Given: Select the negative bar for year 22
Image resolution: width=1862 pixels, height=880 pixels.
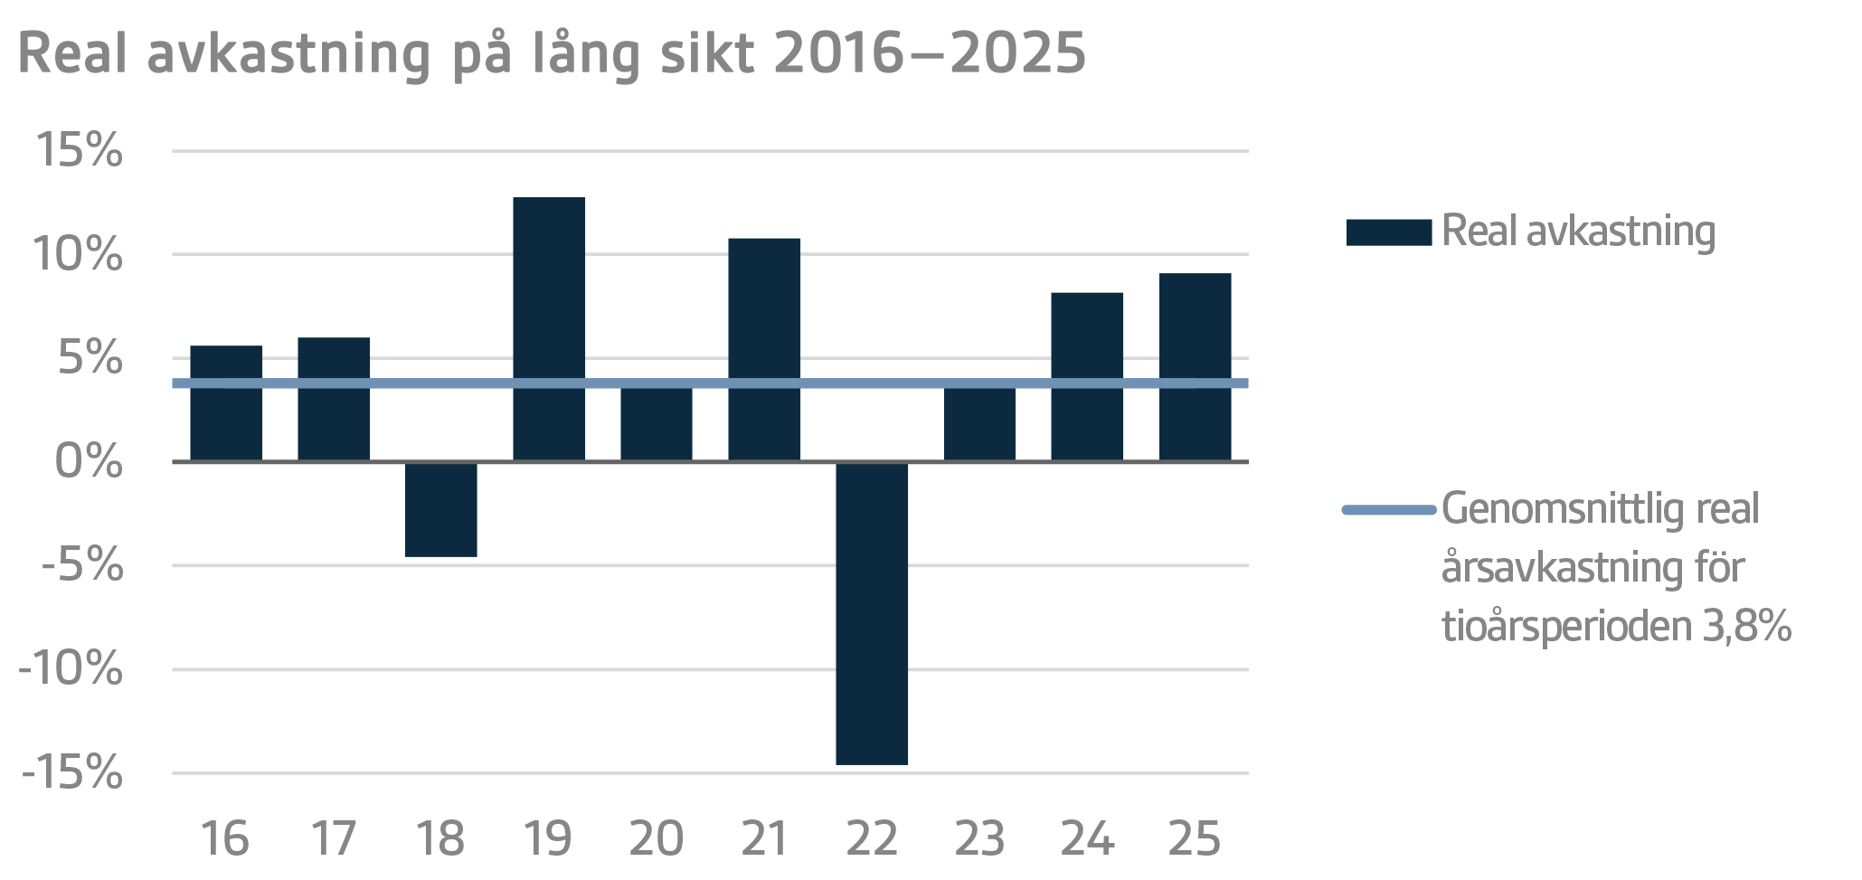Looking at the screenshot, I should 872,613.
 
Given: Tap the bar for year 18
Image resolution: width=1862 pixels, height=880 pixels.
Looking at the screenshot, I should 441,509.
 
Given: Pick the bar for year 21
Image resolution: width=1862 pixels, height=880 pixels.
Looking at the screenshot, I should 764,350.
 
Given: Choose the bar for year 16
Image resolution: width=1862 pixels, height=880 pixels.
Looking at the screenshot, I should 226,403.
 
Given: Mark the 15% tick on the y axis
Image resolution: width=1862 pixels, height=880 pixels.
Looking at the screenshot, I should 79,150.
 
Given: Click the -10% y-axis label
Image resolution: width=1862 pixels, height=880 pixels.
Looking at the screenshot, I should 71,670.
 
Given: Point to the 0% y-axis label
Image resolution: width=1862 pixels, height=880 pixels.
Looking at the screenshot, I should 89,462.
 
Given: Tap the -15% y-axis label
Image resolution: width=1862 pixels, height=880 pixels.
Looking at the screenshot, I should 71,774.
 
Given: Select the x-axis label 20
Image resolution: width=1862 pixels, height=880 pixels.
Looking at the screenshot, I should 657,839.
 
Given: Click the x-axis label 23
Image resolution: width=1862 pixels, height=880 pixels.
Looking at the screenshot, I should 979,839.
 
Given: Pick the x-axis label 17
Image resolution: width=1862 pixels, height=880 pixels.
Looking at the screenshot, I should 334,839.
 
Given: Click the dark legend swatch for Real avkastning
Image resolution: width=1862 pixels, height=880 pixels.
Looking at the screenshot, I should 1388,232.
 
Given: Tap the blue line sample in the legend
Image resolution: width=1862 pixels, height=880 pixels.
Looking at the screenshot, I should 1388,510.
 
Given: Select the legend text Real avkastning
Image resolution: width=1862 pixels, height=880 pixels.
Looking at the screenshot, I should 1578,232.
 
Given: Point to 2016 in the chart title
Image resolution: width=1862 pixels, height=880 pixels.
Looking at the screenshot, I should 839,52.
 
